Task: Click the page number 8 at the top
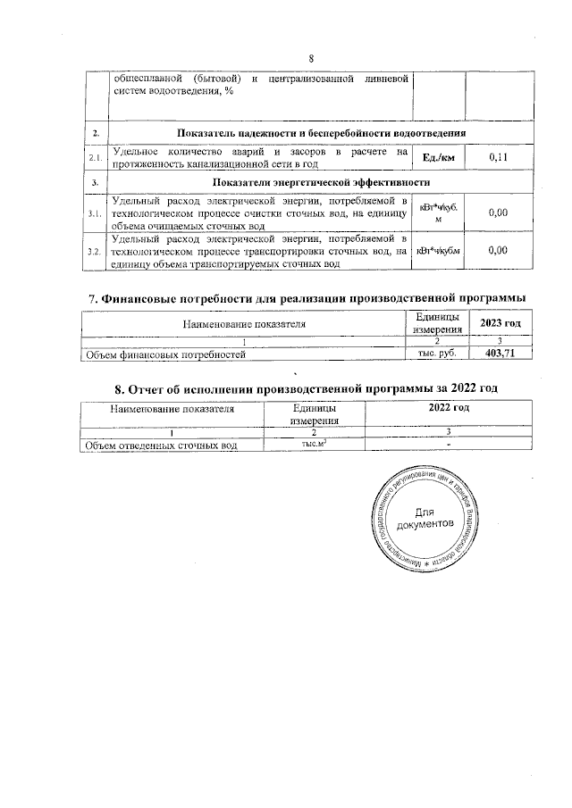312,59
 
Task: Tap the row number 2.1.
94,158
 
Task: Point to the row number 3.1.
94,213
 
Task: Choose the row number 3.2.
94,252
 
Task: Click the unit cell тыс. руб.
438,354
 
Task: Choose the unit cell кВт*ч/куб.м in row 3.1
437,213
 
